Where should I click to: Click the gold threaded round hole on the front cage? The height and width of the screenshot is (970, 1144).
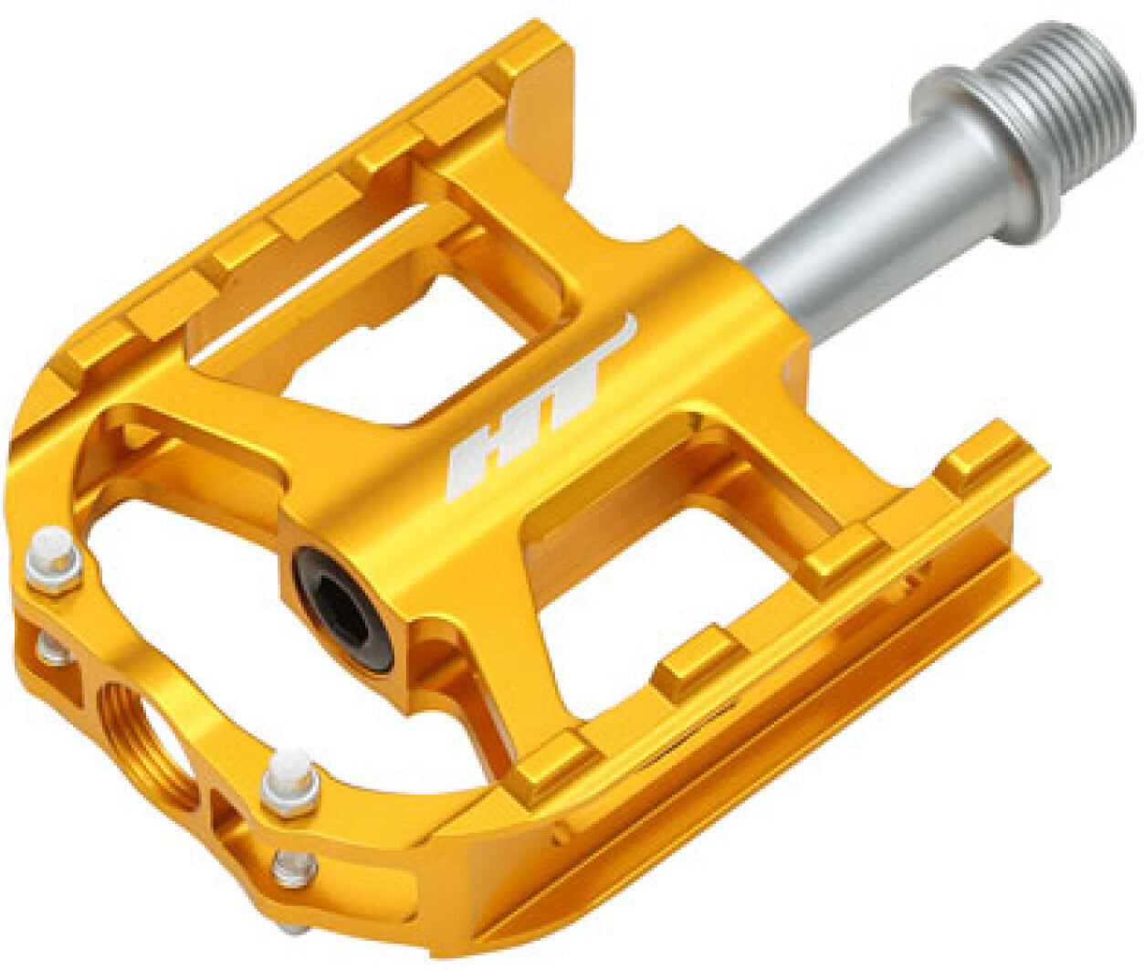[146, 731]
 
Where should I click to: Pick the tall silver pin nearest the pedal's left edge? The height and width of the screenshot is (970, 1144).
[53, 557]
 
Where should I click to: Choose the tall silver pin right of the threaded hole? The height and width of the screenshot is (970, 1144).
[290, 781]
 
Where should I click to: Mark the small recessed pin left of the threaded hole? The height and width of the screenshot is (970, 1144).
[50, 648]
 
